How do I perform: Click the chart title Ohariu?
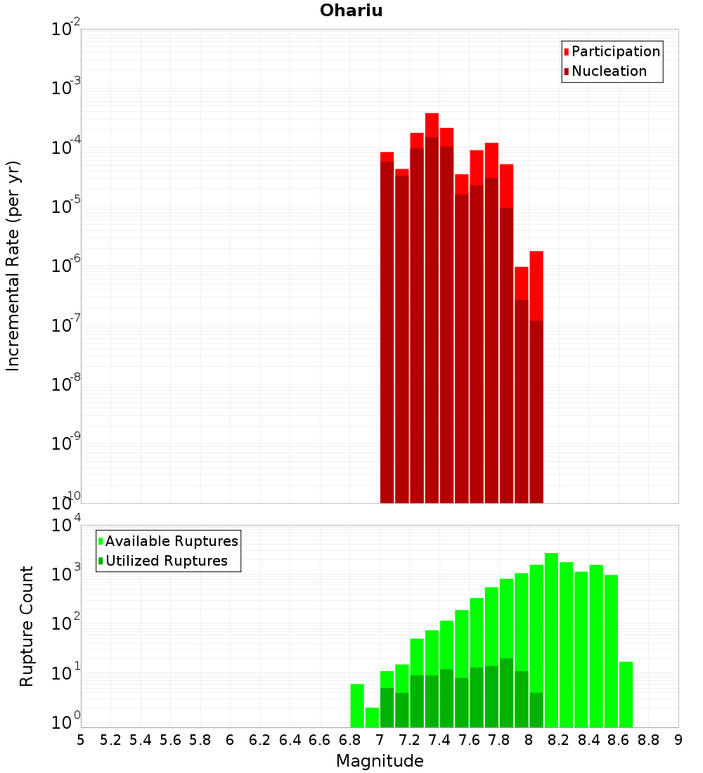click(x=351, y=11)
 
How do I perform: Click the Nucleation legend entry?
click(x=609, y=71)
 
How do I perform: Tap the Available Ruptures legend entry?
click(x=172, y=541)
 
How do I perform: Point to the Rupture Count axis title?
click(x=27, y=625)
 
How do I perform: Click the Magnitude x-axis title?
click(x=380, y=760)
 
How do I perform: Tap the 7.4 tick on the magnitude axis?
click(x=439, y=740)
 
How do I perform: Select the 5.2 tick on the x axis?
click(x=110, y=740)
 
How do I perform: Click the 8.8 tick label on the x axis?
click(x=648, y=740)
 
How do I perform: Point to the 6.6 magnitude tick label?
click(x=320, y=740)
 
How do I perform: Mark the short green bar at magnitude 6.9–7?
click(x=372, y=717)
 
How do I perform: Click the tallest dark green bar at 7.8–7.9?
click(x=506, y=692)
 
